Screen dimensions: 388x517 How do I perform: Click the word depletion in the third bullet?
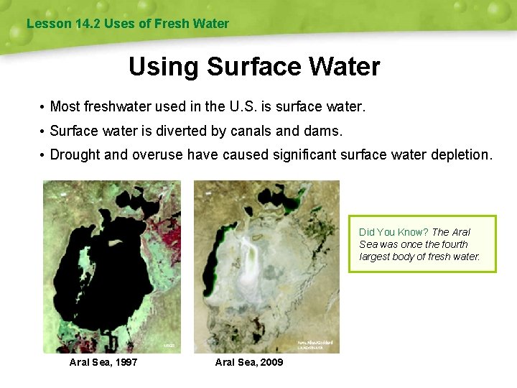(462, 155)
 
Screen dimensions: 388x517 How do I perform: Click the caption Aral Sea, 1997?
(103, 362)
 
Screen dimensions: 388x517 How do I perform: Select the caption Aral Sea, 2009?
(249, 362)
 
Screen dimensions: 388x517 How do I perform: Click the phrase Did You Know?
(393, 232)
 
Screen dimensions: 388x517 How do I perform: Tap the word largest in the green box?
(376, 257)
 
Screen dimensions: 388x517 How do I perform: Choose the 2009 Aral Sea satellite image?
(266, 266)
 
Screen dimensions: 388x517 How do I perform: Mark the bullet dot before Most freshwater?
(44, 108)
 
